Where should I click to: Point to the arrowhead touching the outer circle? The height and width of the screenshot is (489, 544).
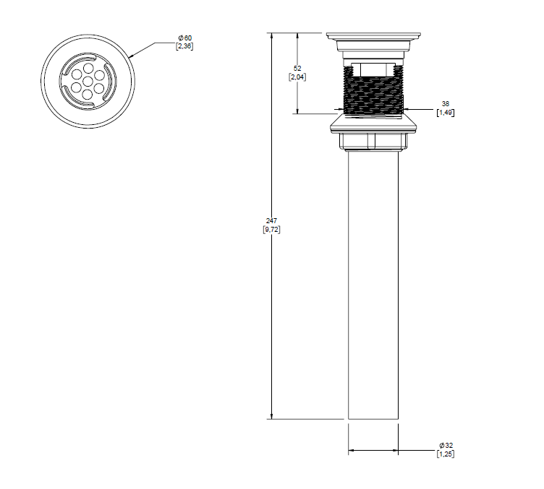click(x=132, y=56)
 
